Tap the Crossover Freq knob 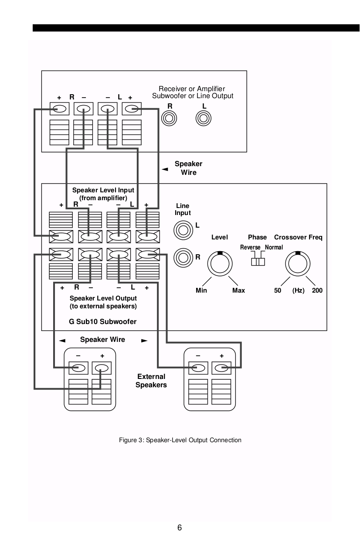[298, 264]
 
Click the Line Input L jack [183, 229]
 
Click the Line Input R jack [183, 257]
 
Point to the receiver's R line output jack [169, 118]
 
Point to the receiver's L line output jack [204, 118]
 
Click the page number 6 [180, 528]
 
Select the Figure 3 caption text [180, 440]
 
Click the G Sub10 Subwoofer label [103, 322]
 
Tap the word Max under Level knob [238, 290]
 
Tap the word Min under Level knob [201, 290]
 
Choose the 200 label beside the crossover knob [317, 290]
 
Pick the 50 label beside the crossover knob [278, 290]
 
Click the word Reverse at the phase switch [250, 247]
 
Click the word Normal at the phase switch [274, 247]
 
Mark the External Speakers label [151, 381]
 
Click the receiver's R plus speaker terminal [60, 109]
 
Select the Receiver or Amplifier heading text [192, 89]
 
